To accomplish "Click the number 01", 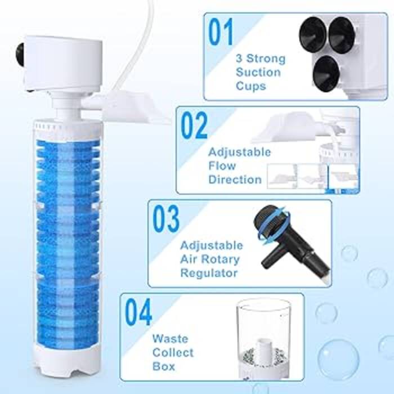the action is tap(221, 32).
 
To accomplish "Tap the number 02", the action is tap(194, 126).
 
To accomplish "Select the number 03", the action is tap(166, 219).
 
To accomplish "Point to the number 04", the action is tap(138, 312).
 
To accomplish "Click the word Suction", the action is tap(258, 73).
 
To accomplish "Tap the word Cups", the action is tap(251, 86).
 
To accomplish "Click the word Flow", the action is tap(222, 166).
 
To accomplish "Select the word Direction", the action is tap(235, 180).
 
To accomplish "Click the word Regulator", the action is tap(209, 273).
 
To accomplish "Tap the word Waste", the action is tap(170, 339).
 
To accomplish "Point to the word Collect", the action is tap(173, 352).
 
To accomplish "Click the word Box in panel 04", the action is tap(164, 366).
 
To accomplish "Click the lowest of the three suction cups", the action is tap(326, 73).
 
